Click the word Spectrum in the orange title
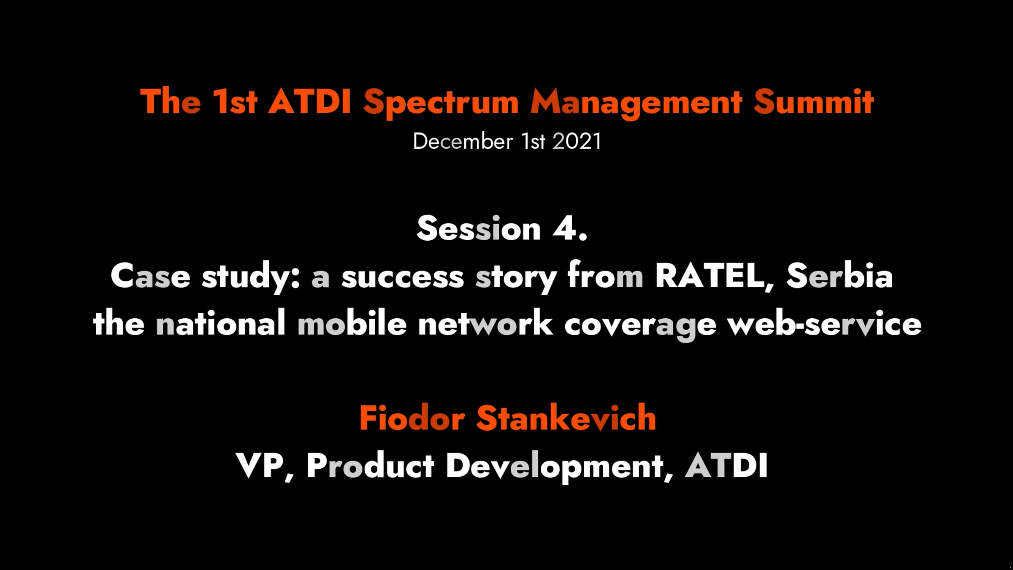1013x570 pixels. coord(441,103)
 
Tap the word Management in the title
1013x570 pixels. coord(636,103)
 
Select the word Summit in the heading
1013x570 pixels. coord(813,102)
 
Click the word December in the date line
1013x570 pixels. coord(463,141)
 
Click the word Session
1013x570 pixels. coord(479,228)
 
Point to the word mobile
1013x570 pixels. coord(352,323)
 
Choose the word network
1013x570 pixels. coord(485,323)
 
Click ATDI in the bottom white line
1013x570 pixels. coord(726,466)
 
